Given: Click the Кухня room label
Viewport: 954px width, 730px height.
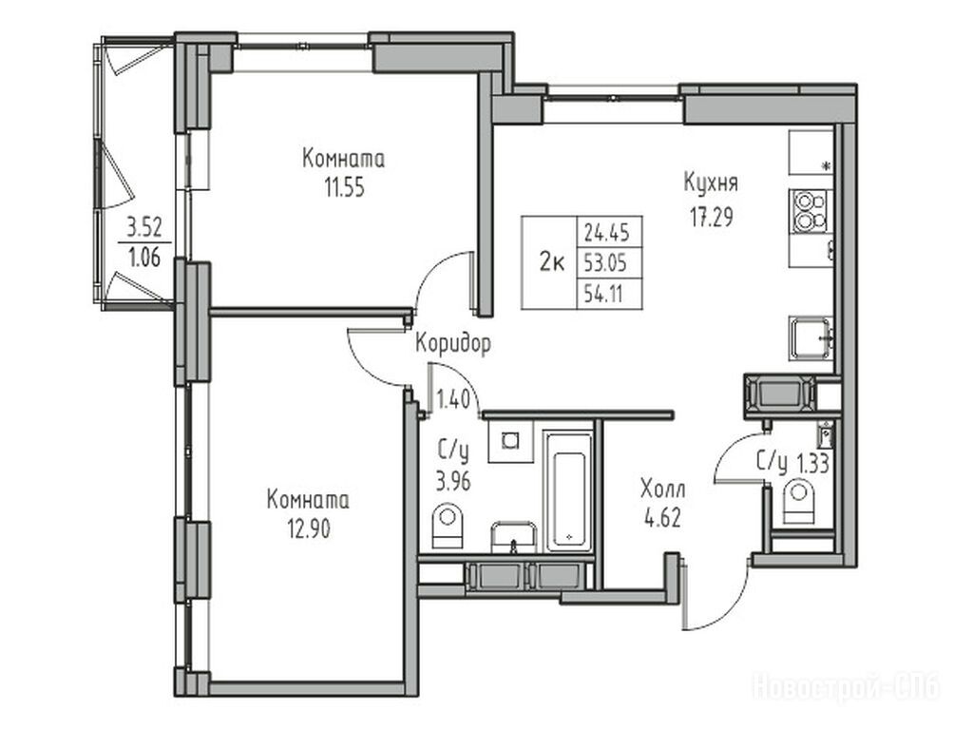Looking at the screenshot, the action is tap(711, 182).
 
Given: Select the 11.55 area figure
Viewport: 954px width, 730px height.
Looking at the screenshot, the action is tap(344, 188).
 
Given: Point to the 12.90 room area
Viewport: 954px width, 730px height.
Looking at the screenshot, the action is tap(309, 529).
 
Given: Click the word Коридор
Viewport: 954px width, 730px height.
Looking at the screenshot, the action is tap(453, 344).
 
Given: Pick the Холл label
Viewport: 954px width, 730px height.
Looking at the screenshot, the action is tap(662, 489).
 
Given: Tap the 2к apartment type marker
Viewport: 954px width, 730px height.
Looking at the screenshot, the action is tap(552, 263).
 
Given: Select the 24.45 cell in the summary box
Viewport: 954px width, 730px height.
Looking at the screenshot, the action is tap(606, 232).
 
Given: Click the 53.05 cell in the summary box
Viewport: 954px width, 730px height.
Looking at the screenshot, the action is tap(605, 263).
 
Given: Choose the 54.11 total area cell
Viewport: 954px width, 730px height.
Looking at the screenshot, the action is tap(603, 295).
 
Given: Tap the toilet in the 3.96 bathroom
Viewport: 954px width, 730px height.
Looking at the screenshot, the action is tap(448, 525).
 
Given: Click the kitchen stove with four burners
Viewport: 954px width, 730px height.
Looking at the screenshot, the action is tap(810, 211).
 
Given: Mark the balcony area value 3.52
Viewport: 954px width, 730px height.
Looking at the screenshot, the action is tap(143, 228).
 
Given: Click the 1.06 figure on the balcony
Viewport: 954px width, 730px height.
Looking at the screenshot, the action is tap(143, 259).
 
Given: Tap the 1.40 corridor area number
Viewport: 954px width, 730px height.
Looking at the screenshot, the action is tap(453, 400).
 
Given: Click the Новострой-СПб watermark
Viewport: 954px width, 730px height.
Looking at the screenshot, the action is tap(847, 687).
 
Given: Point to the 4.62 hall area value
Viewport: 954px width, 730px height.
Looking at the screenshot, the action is tap(662, 518).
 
